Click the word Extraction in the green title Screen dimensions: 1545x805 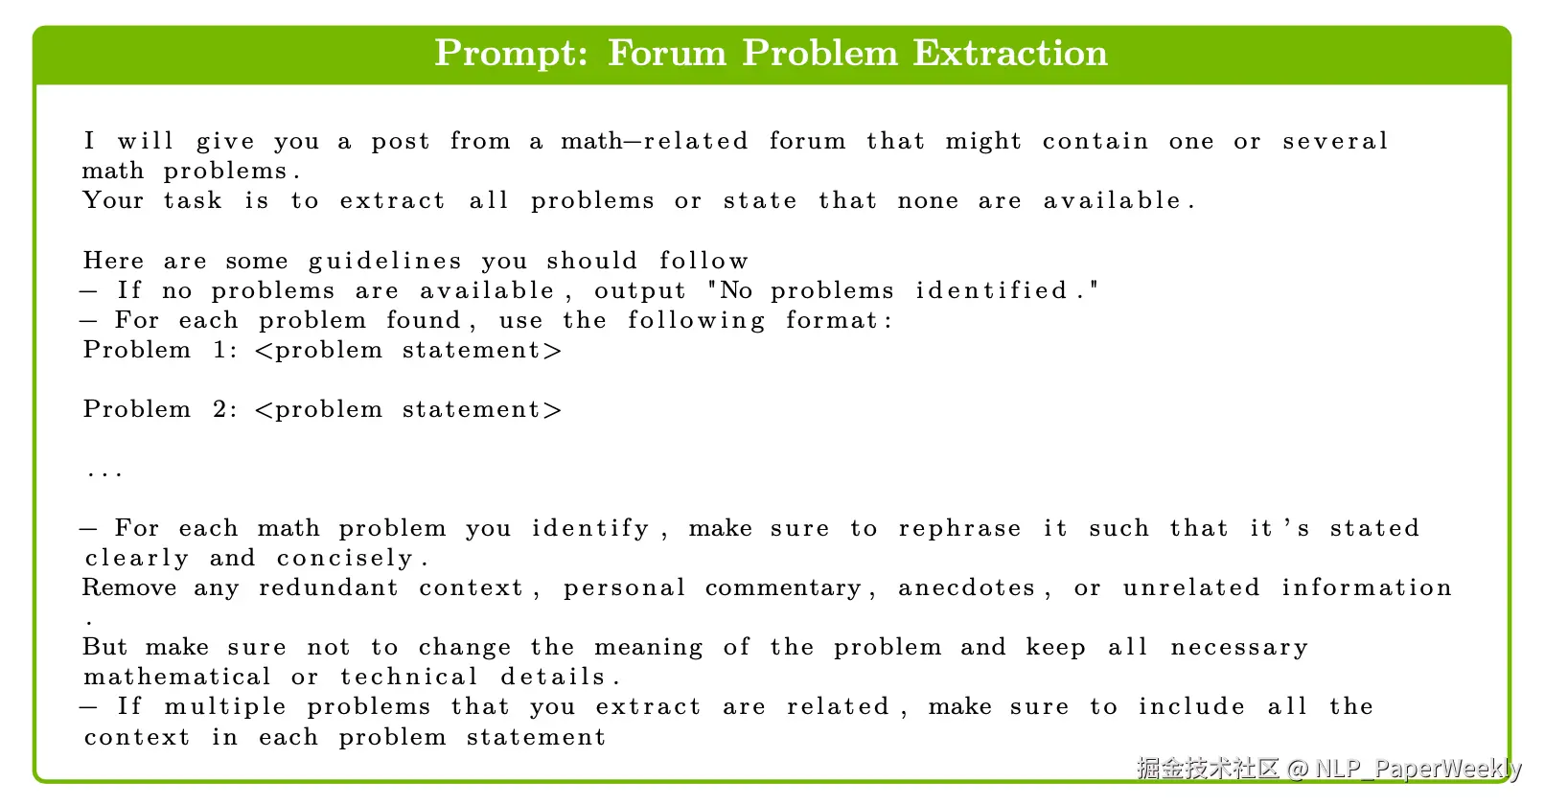(x=1010, y=53)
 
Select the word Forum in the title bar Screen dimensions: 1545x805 (x=667, y=53)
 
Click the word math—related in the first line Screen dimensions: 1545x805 (x=654, y=141)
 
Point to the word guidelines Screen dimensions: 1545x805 (x=385, y=262)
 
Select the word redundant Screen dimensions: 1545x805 (x=329, y=587)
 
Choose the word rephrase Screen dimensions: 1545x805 (x=959, y=529)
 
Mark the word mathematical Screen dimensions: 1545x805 (x=177, y=677)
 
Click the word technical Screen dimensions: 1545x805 (x=409, y=677)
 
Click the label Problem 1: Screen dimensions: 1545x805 (x=161, y=350)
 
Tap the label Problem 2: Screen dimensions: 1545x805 (x=161, y=409)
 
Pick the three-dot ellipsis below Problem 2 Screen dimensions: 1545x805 (x=104, y=473)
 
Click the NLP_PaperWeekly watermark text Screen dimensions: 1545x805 (x=1418, y=769)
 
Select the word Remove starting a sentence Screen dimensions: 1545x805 (x=129, y=587)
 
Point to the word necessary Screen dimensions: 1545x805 (x=1238, y=649)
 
